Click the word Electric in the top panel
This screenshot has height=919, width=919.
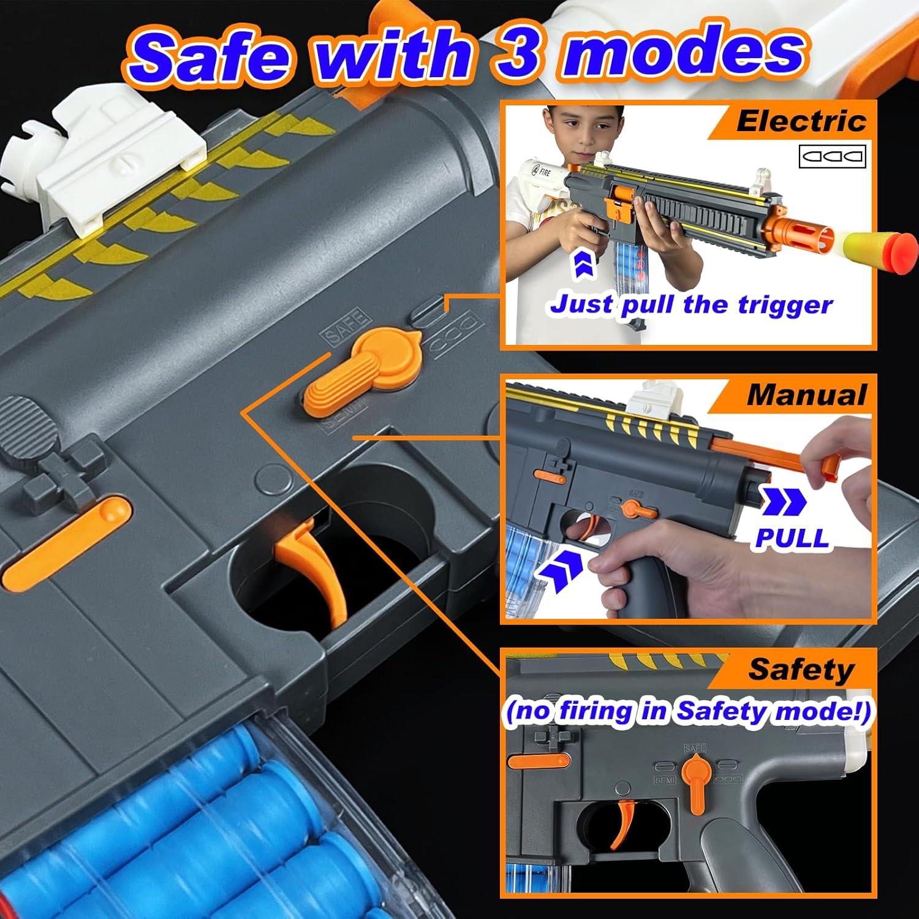click(x=801, y=121)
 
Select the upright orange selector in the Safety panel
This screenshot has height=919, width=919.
click(x=695, y=775)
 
